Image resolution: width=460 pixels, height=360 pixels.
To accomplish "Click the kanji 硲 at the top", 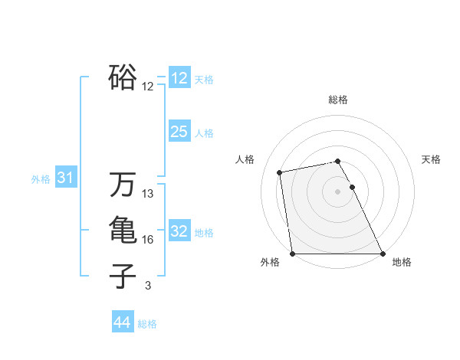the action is [123, 77].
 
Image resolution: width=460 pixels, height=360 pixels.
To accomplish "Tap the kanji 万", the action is [123, 185].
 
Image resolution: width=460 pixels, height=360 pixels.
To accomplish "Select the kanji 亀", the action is [123, 230].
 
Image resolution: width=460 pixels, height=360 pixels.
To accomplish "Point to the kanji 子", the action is [123, 276].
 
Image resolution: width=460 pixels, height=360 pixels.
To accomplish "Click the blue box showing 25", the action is [179, 132].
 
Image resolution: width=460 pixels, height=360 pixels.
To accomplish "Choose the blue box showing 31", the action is [65, 178].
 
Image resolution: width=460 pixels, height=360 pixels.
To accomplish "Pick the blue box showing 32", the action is [179, 231].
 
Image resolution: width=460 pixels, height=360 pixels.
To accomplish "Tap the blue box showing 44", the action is [122, 322].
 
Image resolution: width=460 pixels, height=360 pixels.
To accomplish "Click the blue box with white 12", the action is [179, 78].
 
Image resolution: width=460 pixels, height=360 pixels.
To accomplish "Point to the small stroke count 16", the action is [148, 240].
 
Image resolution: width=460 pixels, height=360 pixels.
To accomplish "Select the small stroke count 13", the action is [148, 194].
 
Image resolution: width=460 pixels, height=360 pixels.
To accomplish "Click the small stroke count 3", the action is [148, 286].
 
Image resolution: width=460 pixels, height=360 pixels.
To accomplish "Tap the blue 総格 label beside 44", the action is [147, 324].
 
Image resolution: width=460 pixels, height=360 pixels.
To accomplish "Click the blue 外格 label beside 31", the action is [41, 179].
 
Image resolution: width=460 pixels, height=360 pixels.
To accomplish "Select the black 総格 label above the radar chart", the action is [338, 100].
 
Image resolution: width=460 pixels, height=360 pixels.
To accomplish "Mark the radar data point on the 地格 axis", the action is [383, 254].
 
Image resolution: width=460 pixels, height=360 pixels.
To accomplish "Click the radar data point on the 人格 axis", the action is [281, 172].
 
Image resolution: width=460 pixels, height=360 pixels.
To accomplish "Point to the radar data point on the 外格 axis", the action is [292, 254].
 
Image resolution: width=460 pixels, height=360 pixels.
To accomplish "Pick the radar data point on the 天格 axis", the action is [352, 187].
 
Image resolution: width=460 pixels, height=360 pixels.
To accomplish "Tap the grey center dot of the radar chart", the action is [337, 191].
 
